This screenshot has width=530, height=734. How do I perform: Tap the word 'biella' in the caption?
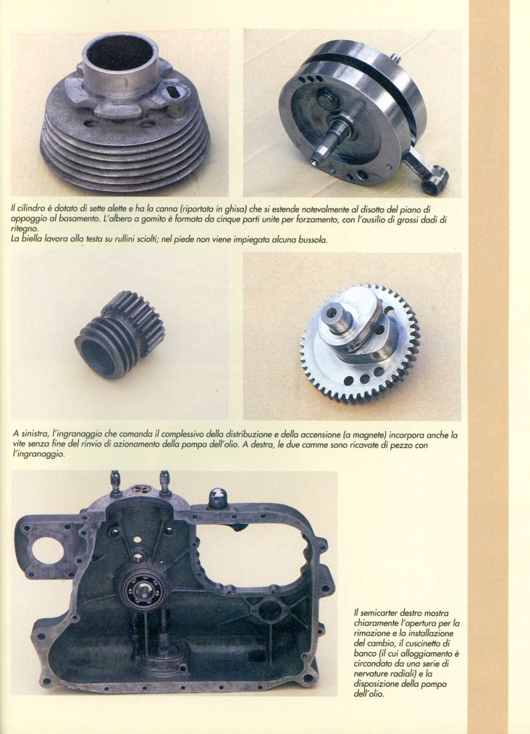point(33,240)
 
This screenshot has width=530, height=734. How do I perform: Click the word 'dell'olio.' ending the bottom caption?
point(369,695)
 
